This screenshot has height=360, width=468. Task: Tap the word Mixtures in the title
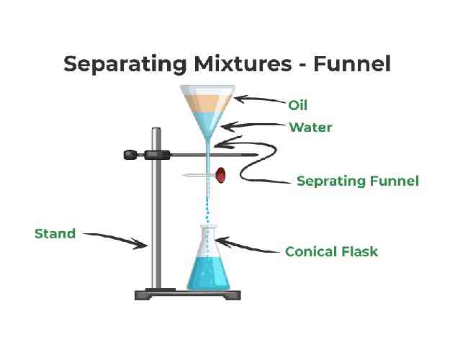(x=237, y=63)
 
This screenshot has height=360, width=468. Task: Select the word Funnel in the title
(x=352, y=63)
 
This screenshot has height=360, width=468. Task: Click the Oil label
(x=298, y=105)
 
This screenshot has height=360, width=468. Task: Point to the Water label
(x=310, y=128)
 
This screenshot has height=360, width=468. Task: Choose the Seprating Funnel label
(x=357, y=181)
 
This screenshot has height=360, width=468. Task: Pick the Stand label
(x=55, y=233)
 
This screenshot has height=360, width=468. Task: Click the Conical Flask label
(x=331, y=252)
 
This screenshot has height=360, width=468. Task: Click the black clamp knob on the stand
(x=131, y=153)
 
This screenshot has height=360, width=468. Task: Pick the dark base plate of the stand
(x=188, y=294)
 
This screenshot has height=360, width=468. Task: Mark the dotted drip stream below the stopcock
(x=208, y=209)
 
